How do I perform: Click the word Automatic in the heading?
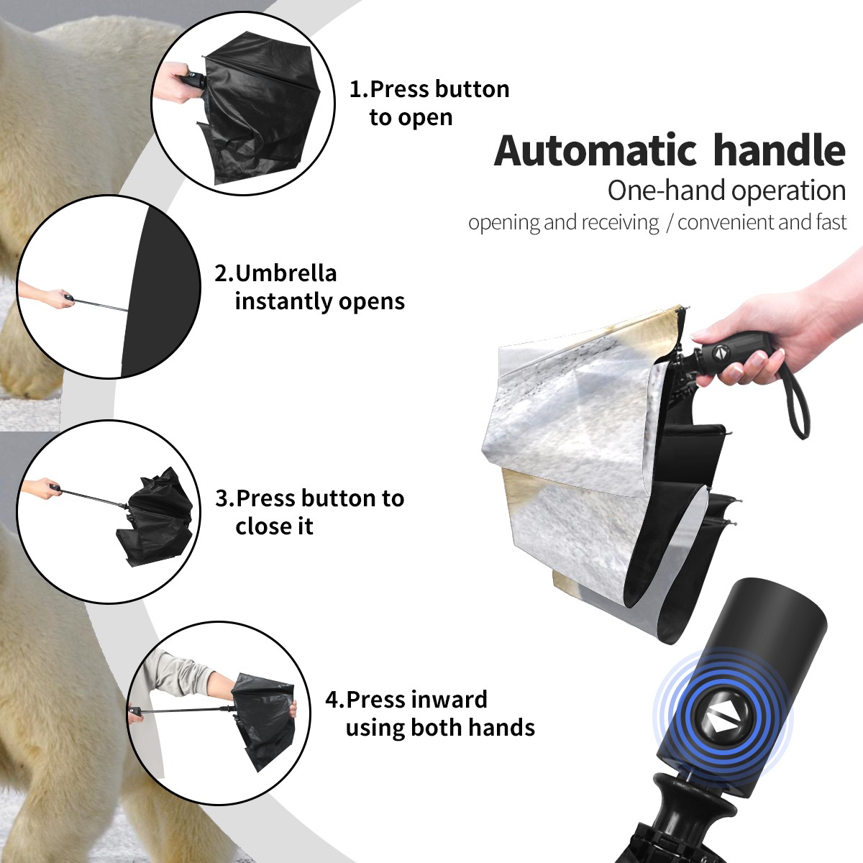(595, 150)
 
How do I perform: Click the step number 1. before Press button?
(358, 89)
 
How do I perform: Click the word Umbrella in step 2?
(286, 273)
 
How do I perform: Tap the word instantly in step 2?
(284, 301)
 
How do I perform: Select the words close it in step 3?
(274, 526)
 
